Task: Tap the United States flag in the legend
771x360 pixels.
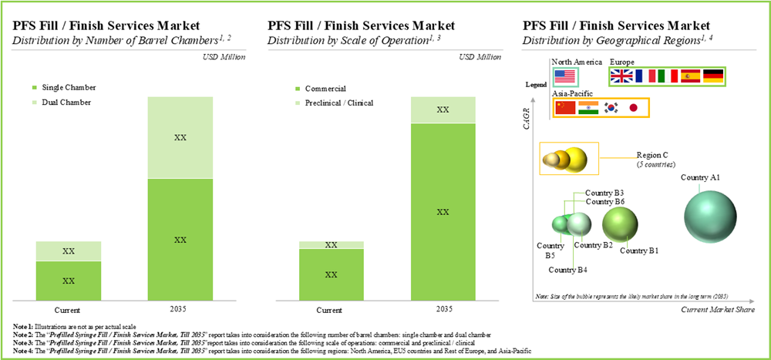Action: [565, 76]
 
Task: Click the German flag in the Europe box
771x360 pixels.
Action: [713, 76]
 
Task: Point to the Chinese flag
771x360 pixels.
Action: [565, 108]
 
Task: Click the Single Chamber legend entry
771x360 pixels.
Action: [70, 88]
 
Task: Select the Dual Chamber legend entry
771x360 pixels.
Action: [69, 103]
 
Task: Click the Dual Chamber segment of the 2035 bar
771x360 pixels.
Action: [180, 137]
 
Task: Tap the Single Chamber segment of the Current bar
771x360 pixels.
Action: [69, 280]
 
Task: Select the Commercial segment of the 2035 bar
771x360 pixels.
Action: [443, 211]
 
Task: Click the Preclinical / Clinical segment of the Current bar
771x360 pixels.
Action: [331, 245]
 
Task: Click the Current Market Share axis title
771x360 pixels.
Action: [717, 309]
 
